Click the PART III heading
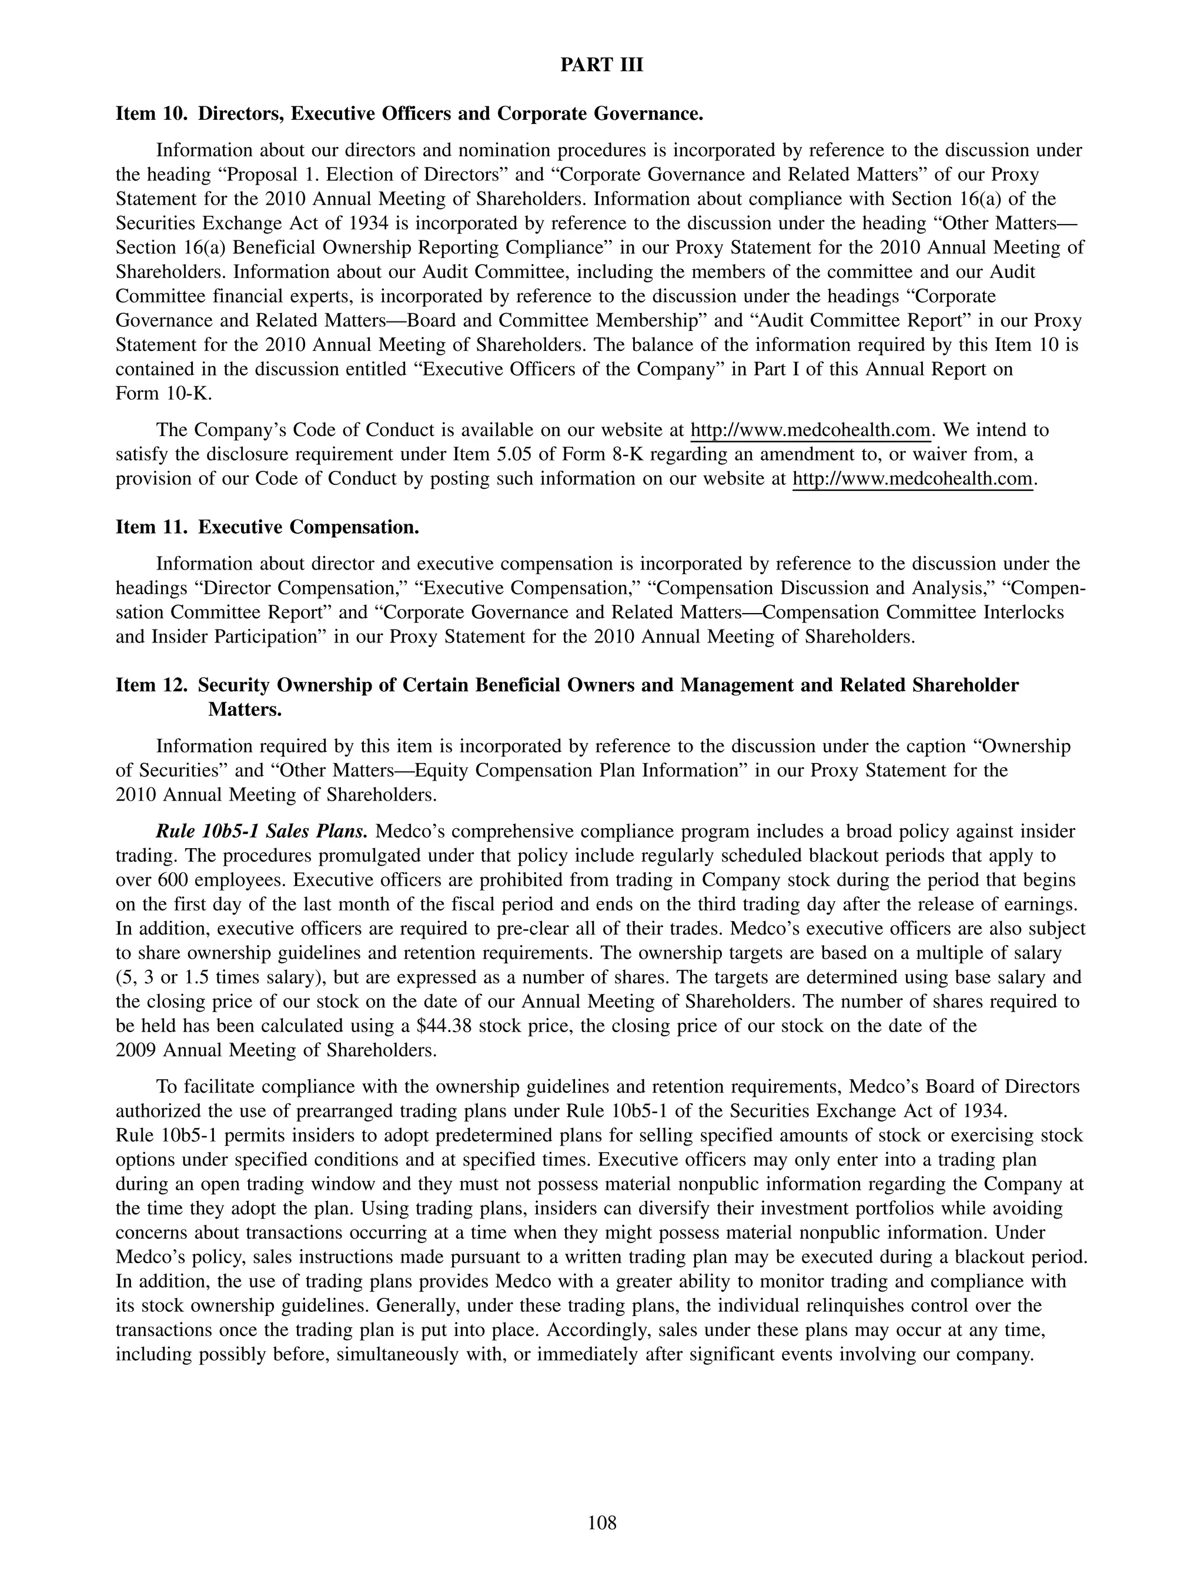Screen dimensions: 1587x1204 coord(601,65)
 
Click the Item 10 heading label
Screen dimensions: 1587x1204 coord(152,114)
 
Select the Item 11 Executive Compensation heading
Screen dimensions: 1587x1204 coord(267,527)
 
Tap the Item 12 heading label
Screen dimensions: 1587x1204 coord(152,685)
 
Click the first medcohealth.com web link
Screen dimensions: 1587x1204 coord(810,430)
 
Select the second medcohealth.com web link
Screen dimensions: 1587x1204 coord(912,479)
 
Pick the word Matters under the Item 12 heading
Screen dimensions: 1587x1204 coord(245,709)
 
